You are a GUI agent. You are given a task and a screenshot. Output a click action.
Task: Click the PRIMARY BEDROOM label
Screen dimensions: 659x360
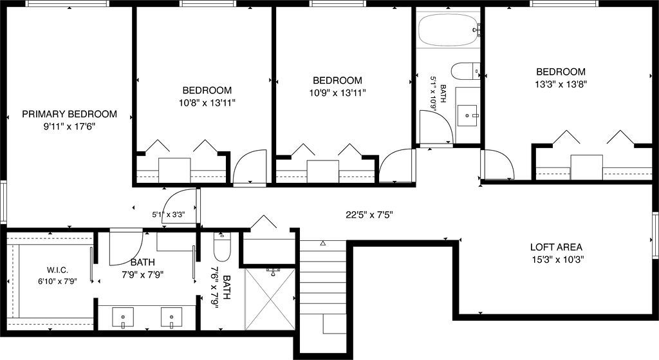(x=70, y=114)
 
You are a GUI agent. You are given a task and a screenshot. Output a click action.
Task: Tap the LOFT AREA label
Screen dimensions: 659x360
(x=556, y=247)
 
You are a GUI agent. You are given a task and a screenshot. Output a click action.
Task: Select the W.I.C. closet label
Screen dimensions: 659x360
(x=57, y=270)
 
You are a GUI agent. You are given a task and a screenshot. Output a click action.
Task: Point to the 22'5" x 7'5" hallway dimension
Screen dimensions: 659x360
(x=369, y=215)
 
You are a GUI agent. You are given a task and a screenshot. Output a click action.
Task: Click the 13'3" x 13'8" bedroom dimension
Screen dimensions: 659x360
(x=561, y=84)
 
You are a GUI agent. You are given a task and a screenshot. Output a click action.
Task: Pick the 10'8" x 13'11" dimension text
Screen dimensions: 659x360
(x=207, y=102)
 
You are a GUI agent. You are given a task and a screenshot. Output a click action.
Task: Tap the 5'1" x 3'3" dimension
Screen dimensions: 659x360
(x=169, y=214)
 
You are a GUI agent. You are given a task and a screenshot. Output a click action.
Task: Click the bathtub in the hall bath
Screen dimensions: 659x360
(x=449, y=30)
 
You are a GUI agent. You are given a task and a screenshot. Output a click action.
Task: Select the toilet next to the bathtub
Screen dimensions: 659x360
(x=466, y=71)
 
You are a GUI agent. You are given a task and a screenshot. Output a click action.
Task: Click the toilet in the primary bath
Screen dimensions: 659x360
(x=221, y=247)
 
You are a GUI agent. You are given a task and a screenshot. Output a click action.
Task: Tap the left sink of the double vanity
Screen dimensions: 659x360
(x=123, y=317)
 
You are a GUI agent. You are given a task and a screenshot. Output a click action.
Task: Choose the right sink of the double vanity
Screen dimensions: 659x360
(x=171, y=317)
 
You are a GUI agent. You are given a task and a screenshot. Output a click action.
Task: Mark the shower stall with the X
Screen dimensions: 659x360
(x=270, y=299)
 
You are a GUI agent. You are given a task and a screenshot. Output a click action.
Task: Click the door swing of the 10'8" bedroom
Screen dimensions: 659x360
(x=250, y=167)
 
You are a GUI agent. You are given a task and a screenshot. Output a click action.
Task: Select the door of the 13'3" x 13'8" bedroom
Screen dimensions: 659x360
(x=497, y=164)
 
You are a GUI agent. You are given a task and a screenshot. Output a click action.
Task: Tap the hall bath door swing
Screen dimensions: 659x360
(x=436, y=127)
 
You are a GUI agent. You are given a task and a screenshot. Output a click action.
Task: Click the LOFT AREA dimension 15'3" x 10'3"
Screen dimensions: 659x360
(x=558, y=260)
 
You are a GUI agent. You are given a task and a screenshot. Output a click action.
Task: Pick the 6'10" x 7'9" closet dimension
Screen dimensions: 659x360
(x=57, y=281)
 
